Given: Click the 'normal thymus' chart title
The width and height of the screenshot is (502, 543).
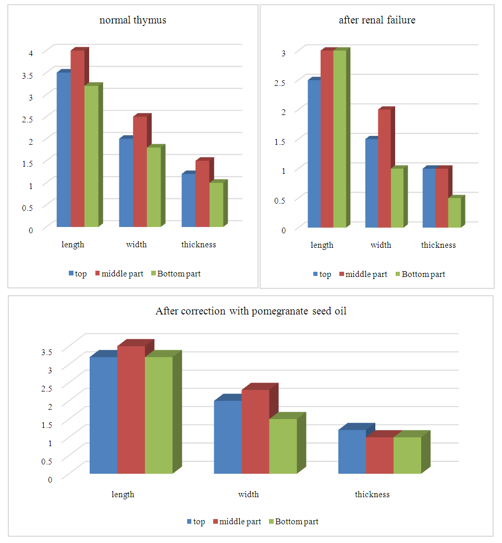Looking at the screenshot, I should pyautogui.click(x=133, y=21).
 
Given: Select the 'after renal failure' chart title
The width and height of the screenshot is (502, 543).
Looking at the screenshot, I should pyautogui.click(x=377, y=21).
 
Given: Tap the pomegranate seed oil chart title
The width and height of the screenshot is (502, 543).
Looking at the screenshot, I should pyautogui.click(x=251, y=311).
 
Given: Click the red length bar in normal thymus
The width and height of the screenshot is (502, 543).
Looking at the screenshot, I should pyautogui.click(x=77, y=138).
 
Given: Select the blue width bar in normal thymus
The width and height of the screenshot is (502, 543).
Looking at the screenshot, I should pyautogui.click(x=126, y=182).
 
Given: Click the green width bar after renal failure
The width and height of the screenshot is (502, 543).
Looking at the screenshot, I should pyautogui.click(x=396, y=198).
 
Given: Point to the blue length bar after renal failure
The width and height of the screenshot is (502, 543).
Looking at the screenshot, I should pyautogui.click(x=313, y=154).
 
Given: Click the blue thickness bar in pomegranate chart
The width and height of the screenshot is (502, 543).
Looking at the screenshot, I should pyautogui.click(x=352, y=451).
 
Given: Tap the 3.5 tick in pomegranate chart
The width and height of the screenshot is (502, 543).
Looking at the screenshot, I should pyautogui.click(x=46, y=351).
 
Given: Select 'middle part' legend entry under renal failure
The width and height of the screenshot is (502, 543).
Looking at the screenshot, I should pyautogui.click(x=366, y=274).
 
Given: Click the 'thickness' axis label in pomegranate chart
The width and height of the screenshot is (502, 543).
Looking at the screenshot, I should pyautogui.click(x=372, y=495).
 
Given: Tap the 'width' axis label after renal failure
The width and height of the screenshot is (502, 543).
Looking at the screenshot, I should pyautogui.click(x=381, y=245).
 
